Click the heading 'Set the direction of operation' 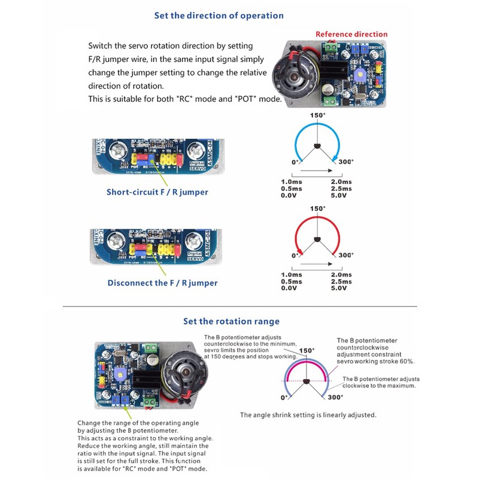coord(219,16)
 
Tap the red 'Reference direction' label coord(351,34)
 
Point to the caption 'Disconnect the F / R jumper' coord(162,283)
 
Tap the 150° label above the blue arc coord(318,115)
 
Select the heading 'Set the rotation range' coord(231,322)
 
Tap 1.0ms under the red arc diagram coord(292,275)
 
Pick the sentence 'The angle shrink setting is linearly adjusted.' coord(308,415)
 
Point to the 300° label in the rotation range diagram coord(335,397)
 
